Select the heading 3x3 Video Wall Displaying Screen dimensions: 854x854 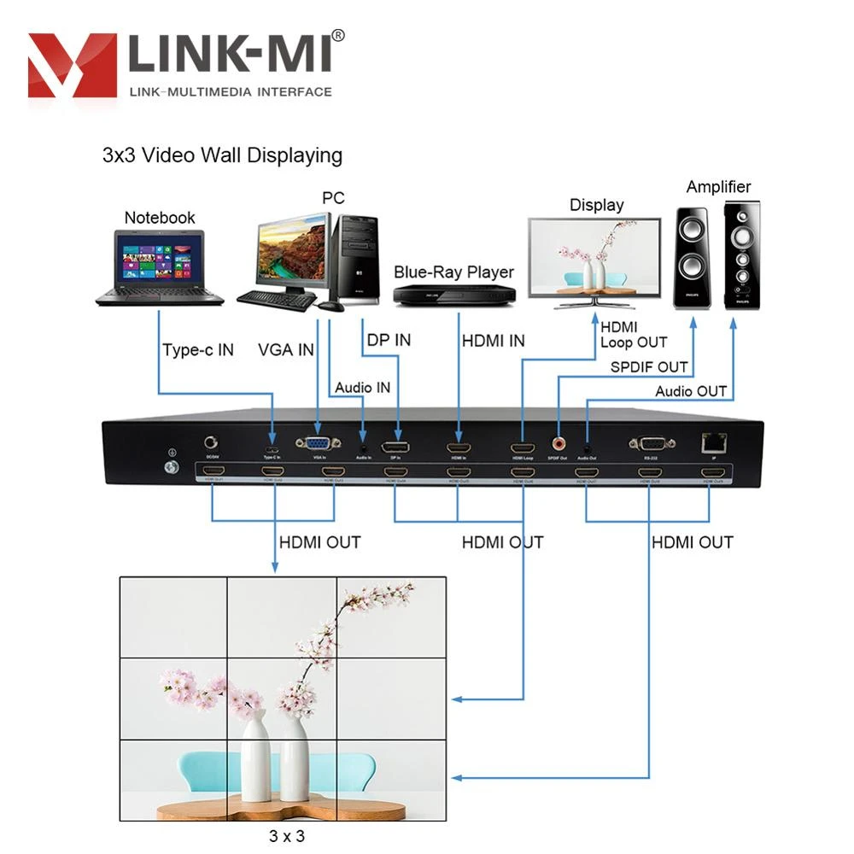pyautogui.click(x=222, y=155)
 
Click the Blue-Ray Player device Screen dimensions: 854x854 pyautogui.click(x=454, y=294)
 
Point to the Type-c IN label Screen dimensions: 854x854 pyautogui.click(x=198, y=349)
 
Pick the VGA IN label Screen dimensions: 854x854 pyautogui.click(x=286, y=349)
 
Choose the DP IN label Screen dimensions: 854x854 pyautogui.click(x=389, y=340)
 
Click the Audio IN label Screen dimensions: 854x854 pyautogui.click(x=362, y=387)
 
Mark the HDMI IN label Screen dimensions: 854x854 pyautogui.click(x=493, y=341)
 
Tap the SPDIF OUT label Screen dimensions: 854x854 pyautogui.click(x=648, y=367)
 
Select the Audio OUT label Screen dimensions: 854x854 pyautogui.click(x=691, y=391)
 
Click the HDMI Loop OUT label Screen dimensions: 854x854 pyautogui.click(x=634, y=335)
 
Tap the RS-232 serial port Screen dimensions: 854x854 pyautogui.click(x=652, y=444)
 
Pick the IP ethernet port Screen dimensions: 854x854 pyautogui.click(x=711, y=442)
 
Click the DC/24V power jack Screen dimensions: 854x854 pyautogui.click(x=211, y=444)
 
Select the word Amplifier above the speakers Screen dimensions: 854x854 pyautogui.click(x=718, y=186)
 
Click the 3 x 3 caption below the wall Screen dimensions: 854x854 pyautogui.click(x=286, y=836)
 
